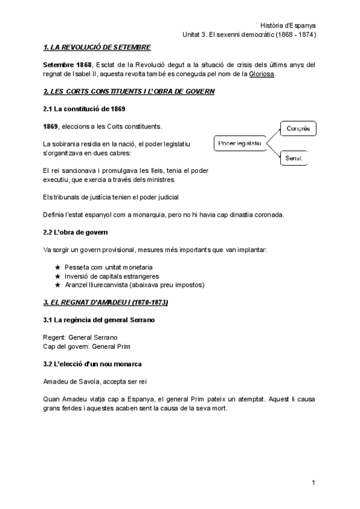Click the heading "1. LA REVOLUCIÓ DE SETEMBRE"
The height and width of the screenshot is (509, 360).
coord(97,47)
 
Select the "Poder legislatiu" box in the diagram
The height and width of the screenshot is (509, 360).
coord(240,143)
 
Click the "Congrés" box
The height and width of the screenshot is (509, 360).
coord(298,128)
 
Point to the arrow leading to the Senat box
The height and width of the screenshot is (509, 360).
coord(273,151)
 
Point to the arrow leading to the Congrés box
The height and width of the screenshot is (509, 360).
coord(273,136)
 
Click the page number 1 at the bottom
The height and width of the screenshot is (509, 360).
coord(313,482)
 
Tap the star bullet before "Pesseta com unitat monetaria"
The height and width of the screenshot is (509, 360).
coord(58,267)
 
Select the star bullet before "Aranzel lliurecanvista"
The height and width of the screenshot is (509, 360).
coord(58,285)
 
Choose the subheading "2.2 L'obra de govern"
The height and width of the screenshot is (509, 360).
coord(76,232)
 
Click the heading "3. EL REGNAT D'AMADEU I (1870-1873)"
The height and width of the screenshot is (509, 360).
coord(106,302)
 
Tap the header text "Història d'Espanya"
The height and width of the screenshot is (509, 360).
coord(289,25)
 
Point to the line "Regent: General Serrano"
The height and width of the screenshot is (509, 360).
coord(80,337)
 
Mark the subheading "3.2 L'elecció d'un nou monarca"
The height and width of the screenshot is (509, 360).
coord(93,364)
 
